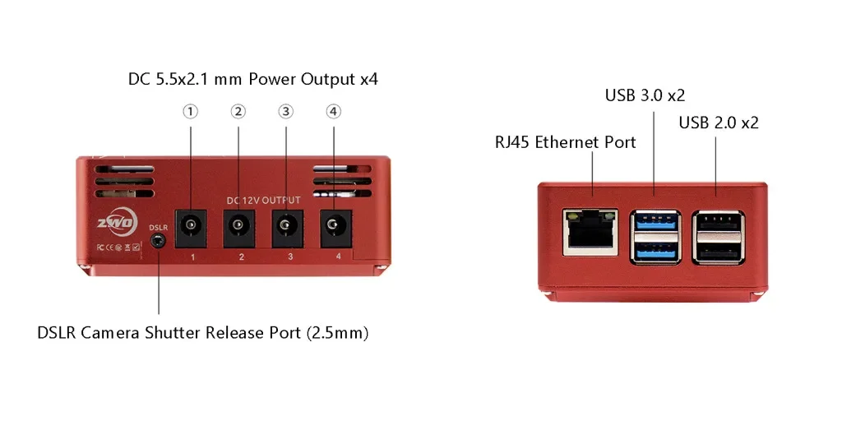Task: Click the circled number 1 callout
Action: [x=191, y=112]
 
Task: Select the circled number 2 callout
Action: [x=238, y=112]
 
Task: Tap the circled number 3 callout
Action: [x=285, y=112]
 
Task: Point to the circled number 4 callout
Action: [x=333, y=112]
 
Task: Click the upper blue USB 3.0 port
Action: [x=655, y=222]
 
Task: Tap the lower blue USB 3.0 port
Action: [x=655, y=251]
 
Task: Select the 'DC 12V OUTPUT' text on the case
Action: [x=263, y=200]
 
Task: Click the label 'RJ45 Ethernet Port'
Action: [x=565, y=142]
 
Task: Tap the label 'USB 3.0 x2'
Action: [x=645, y=95]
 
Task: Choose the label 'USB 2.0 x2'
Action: [x=718, y=123]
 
